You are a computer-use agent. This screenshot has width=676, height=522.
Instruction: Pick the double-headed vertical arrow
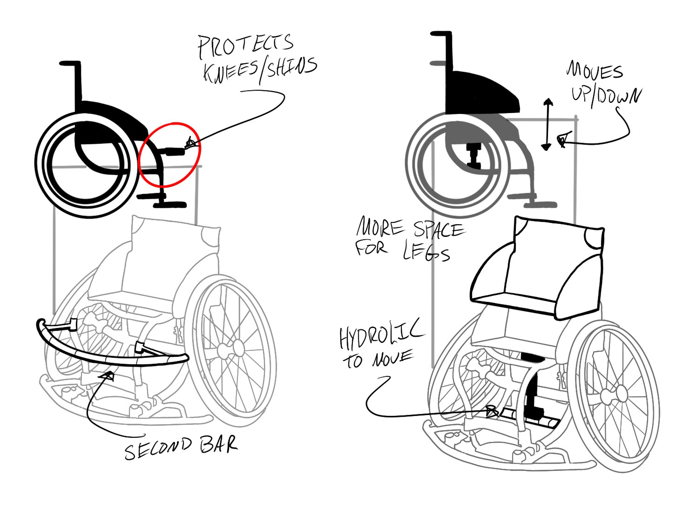click(x=548, y=124)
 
